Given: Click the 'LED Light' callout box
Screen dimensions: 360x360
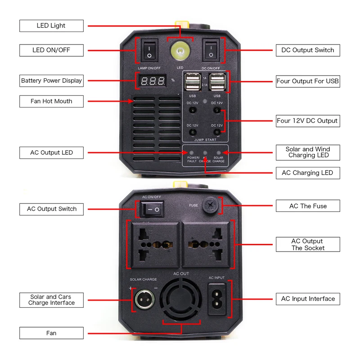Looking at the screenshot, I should point(51,26).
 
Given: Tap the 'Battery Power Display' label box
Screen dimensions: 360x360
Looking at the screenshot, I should point(51,81).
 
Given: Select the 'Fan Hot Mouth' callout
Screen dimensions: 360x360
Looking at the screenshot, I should point(51,101).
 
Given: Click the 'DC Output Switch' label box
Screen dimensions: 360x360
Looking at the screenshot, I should point(308,50).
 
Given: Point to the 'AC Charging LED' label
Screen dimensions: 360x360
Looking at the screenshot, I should point(308,173).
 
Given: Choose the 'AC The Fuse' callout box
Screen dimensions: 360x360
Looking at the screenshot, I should point(308,206).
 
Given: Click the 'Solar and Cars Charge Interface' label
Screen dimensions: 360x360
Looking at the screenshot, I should point(51,300).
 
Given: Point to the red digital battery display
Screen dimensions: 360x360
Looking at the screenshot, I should point(153,81).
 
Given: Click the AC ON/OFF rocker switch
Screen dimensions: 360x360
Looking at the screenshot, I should point(152,209).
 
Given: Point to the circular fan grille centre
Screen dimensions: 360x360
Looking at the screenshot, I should point(181,299).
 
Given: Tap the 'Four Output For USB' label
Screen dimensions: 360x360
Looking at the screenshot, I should point(308,81).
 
